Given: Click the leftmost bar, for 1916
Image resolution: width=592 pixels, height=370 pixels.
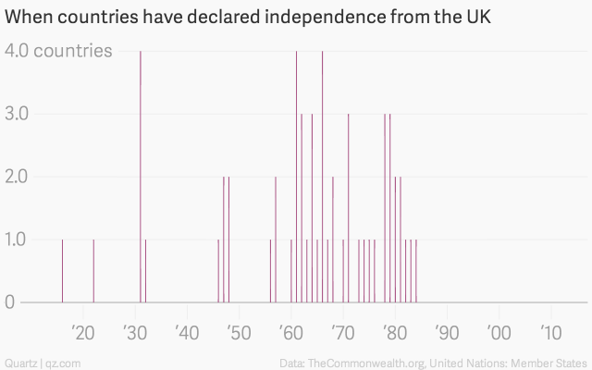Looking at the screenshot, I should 62,270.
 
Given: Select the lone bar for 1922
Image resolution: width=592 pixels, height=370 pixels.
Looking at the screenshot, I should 93,270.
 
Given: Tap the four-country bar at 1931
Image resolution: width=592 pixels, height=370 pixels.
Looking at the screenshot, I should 141,176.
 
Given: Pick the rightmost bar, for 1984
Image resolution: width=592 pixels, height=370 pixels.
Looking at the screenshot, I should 416,270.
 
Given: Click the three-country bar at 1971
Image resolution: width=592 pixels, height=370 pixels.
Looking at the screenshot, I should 348,208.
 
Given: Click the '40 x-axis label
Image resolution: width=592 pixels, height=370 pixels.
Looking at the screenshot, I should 187,333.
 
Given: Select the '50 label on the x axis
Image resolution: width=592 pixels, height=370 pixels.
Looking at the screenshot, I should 239,333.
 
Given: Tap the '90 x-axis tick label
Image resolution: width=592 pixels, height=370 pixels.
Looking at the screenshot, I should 447,333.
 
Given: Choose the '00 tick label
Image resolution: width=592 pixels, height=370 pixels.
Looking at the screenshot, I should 499,333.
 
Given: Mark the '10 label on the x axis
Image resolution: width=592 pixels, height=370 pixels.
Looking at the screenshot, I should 550,333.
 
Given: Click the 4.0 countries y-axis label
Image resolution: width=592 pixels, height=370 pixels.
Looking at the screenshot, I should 59,51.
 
